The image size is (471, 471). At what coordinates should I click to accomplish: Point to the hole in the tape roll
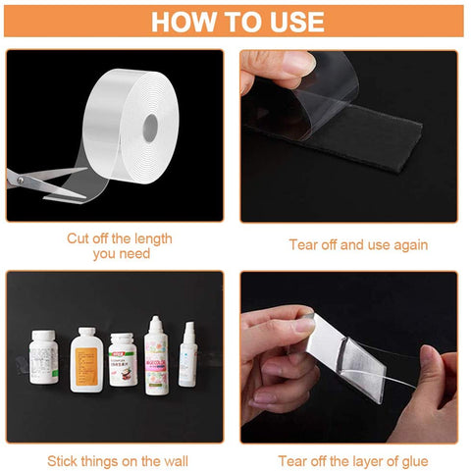152,126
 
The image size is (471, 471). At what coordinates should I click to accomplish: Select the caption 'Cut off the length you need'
119,245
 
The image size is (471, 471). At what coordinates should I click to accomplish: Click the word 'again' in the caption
407,244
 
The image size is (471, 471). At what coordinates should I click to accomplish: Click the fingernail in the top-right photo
295,63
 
